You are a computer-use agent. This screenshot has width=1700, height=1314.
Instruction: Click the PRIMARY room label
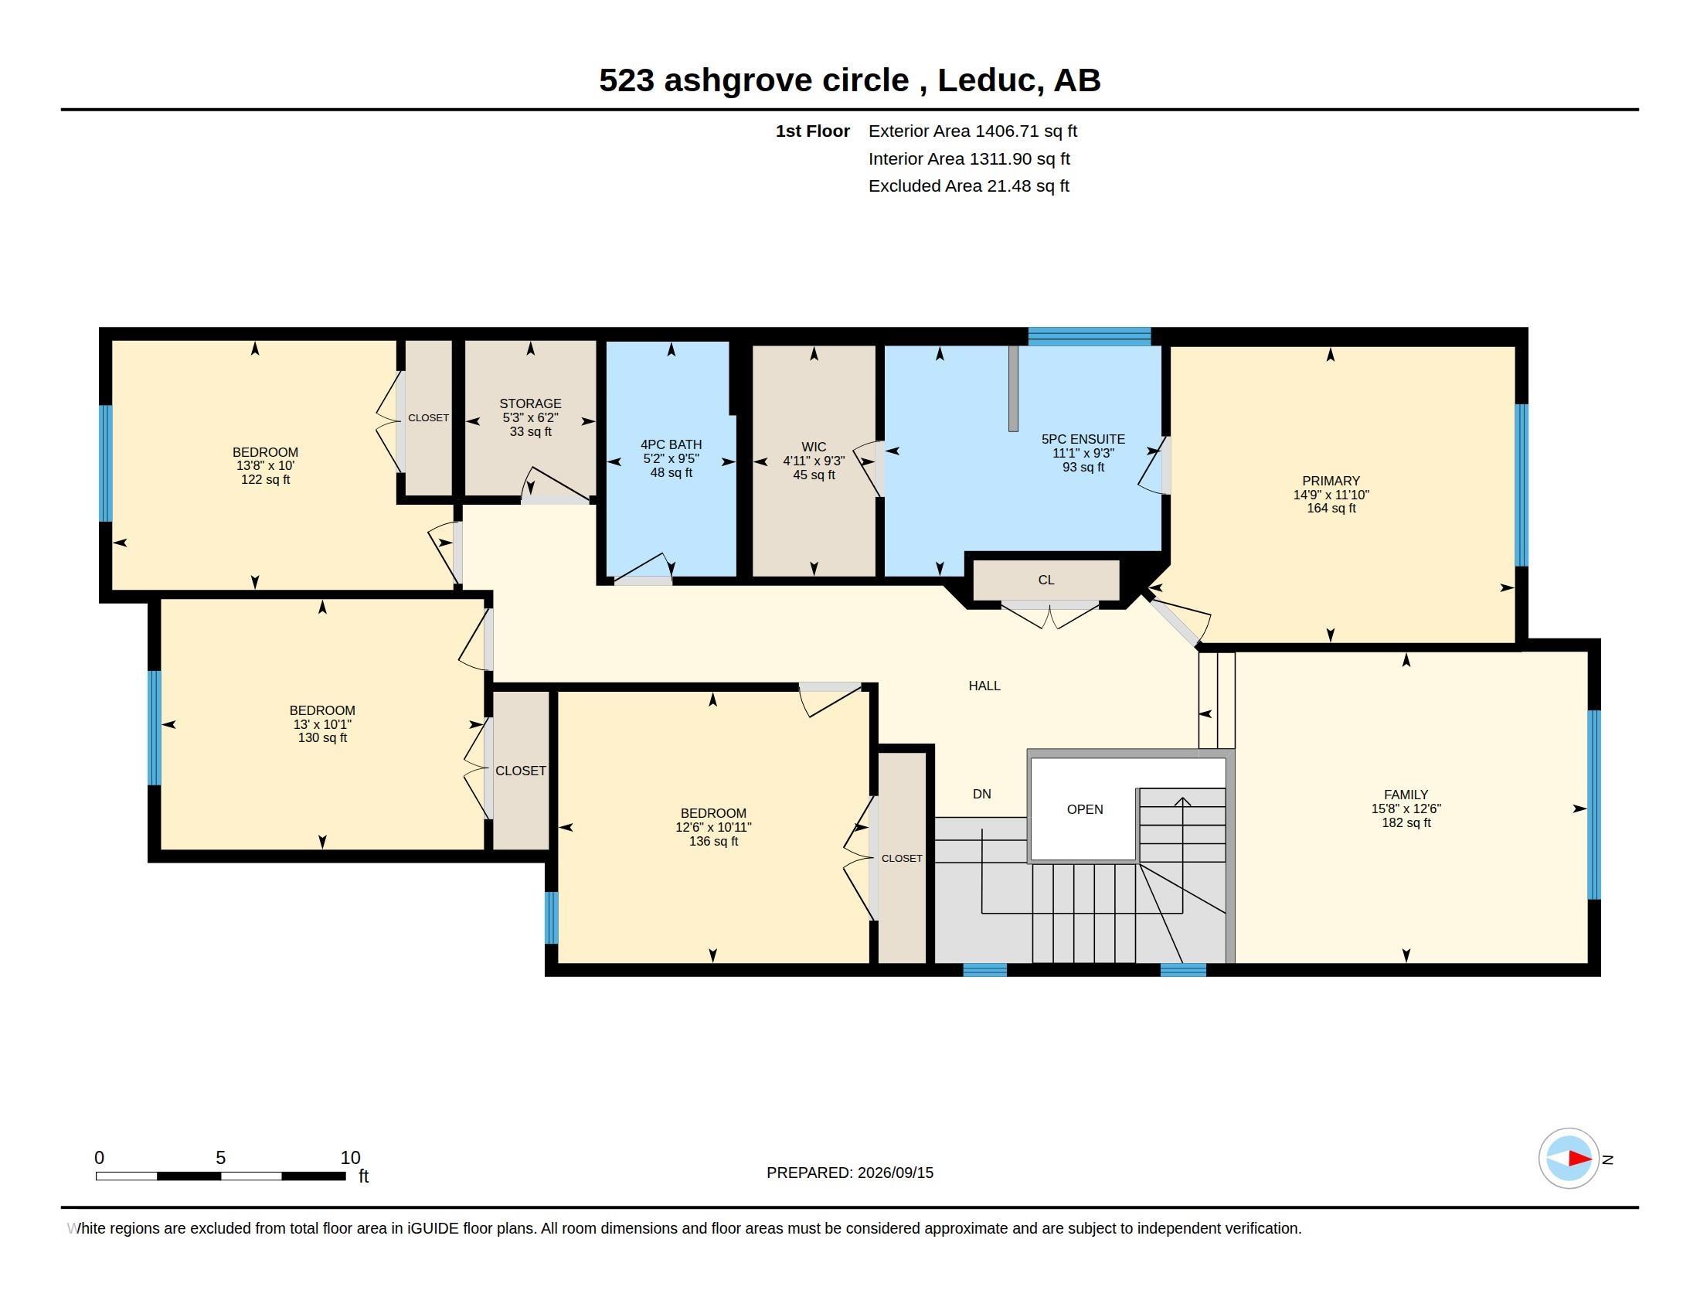[1331, 481]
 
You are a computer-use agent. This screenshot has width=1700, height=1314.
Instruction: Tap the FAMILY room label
[1406, 795]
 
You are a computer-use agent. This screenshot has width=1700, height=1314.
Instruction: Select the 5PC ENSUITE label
[1083, 439]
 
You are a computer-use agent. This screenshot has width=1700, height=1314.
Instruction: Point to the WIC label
[814, 447]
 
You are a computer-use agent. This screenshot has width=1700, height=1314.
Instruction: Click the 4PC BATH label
[671, 445]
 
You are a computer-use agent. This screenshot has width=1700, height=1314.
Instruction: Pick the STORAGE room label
[530, 403]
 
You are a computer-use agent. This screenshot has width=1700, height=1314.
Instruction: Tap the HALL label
[984, 686]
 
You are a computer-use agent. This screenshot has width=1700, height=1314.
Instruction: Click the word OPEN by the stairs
[1084, 809]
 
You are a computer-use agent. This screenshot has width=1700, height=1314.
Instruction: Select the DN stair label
[981, 794]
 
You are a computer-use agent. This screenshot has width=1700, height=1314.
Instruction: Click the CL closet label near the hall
[1045, 580]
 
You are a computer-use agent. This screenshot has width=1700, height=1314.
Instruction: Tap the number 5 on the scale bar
[220, 1158]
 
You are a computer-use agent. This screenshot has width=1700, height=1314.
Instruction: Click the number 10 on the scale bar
[350, 1158]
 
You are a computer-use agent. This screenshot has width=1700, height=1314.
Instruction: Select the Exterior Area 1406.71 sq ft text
[972, 131]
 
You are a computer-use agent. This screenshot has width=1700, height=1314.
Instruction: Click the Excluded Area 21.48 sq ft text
[968, 186]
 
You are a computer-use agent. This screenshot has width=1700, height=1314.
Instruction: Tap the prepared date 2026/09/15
[895, 1173]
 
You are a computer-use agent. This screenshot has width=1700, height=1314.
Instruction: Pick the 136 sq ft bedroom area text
[713, 842]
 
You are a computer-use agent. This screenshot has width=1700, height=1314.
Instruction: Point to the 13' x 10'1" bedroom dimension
[322, 724]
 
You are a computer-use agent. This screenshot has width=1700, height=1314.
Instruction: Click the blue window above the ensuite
[1089, 336]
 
